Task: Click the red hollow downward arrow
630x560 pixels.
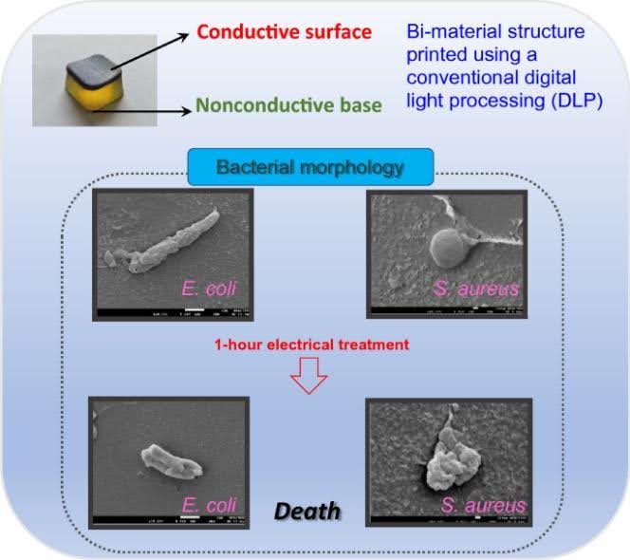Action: (307, 377)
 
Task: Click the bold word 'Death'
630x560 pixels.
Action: (307, 512)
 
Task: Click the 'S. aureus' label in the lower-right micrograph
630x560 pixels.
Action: (482, 505)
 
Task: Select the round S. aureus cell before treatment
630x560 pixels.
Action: (449, 252)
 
